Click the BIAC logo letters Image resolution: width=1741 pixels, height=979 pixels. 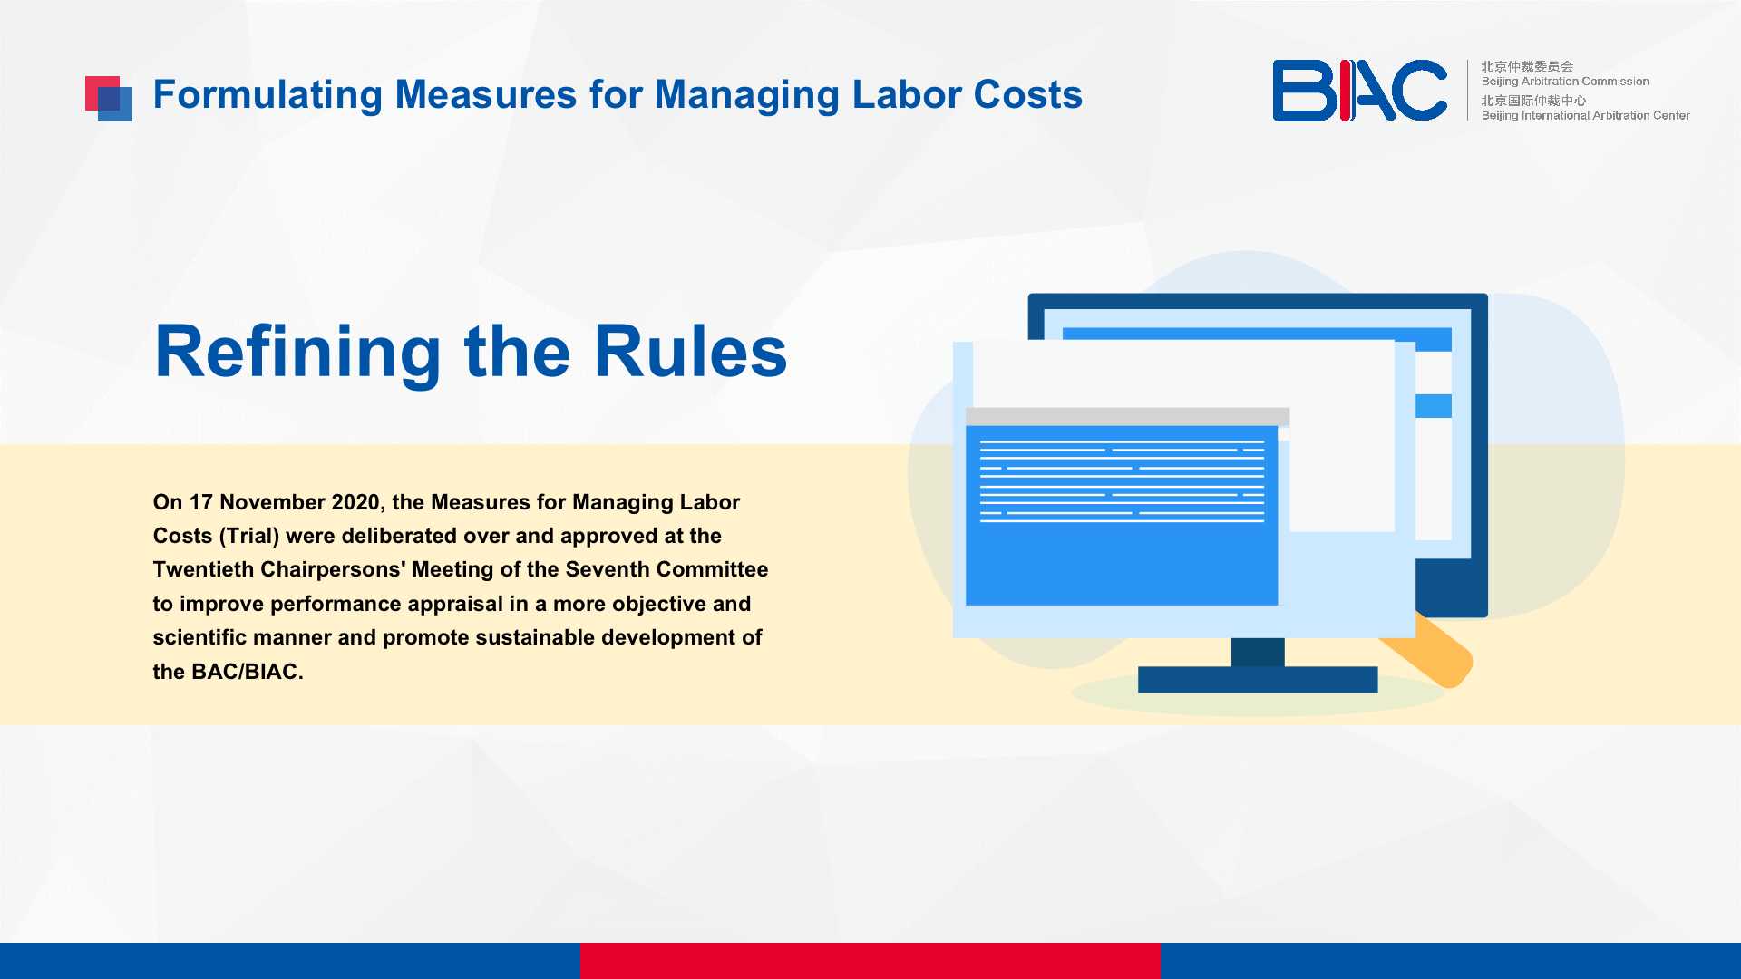pos(1359,91)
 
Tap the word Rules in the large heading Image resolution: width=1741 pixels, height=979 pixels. pos(691,352)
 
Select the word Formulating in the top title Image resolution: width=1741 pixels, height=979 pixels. pos(267,95)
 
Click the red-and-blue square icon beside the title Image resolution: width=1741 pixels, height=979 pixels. pos(109,99)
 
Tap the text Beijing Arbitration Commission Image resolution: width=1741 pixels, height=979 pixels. pos(1565,82)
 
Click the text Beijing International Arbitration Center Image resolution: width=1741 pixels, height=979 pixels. pos(1585,115)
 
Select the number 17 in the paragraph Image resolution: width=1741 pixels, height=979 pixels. pos(200,502)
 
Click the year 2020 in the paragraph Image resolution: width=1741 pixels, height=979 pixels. pos(358,502)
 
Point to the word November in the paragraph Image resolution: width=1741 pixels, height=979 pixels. pos(272,502)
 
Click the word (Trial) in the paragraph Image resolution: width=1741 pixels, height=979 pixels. pos(249,537)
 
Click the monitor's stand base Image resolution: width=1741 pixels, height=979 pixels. pos(1258,680)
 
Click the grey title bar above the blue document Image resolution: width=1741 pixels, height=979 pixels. pos(1127,417)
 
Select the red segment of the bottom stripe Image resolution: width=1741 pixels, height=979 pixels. pos(870,961)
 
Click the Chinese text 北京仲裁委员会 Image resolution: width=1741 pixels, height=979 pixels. pos(1527,66)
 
